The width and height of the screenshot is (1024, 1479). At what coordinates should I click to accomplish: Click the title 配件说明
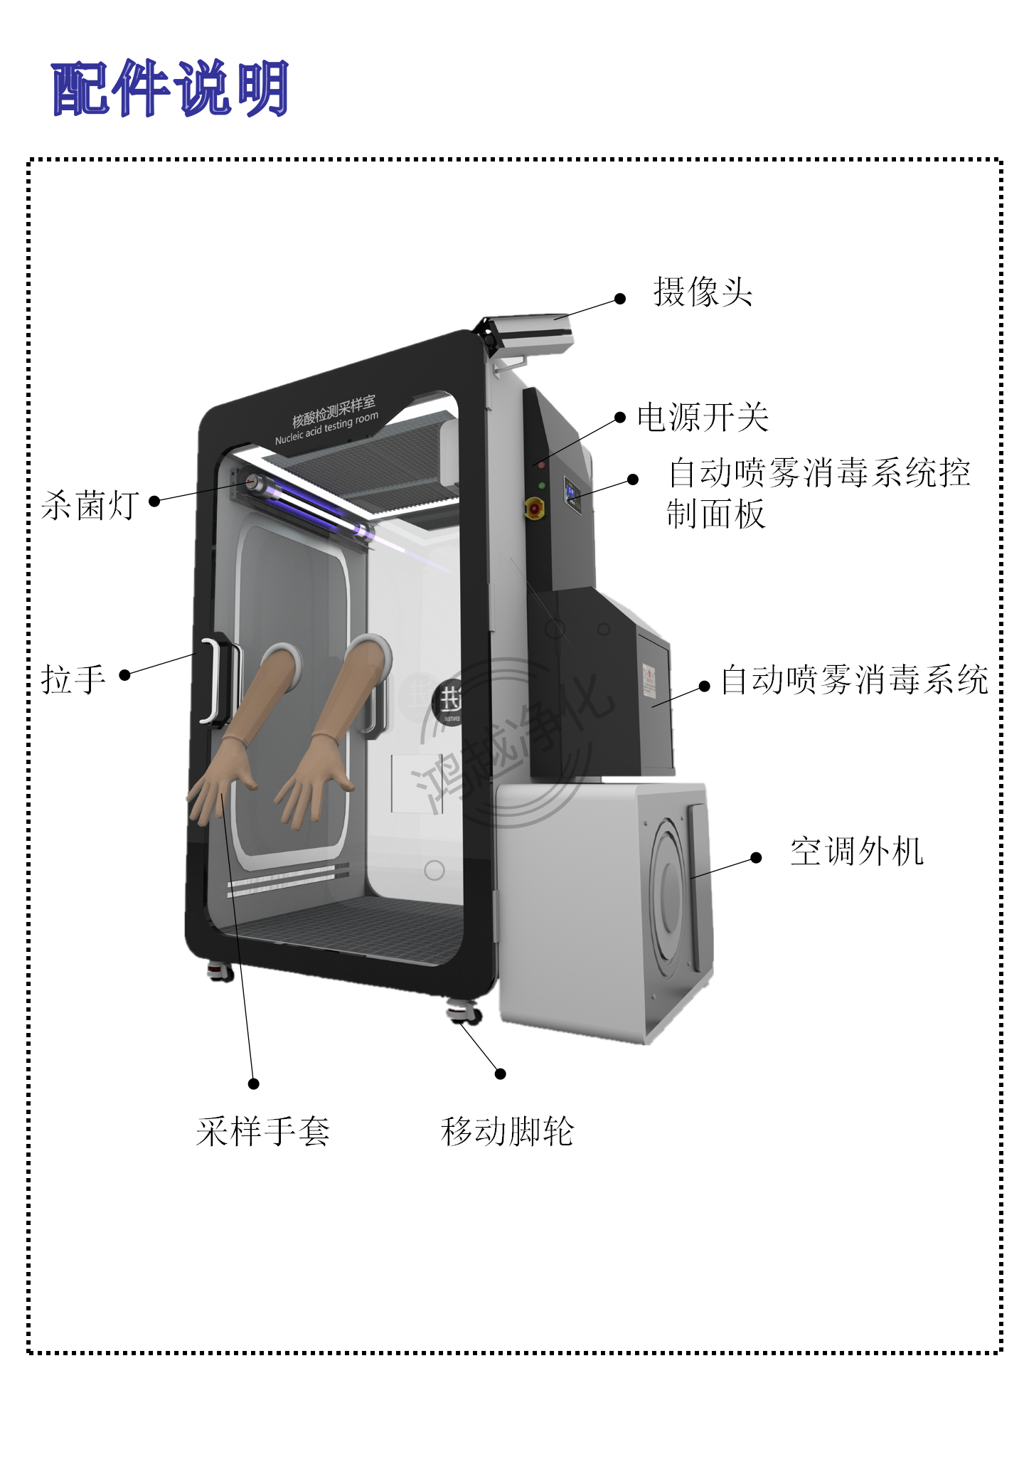[x=170, y=89]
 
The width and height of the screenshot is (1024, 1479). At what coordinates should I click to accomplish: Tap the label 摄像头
[x=703, y=292]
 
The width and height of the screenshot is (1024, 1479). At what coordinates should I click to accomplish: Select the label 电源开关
[x=703, y=418]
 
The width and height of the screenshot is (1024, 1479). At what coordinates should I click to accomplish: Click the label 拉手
[x=74, y=679]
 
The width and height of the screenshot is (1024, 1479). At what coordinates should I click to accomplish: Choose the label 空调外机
[x=856, y=852]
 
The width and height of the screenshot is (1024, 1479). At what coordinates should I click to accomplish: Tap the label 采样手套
[x=263, y=1131]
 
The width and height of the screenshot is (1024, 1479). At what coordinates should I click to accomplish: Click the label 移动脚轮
[x=507, y=1131]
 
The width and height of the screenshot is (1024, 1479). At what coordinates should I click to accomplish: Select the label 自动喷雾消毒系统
[x=854, y=680]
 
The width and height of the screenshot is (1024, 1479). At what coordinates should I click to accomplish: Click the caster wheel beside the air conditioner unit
[x=463, y=1012]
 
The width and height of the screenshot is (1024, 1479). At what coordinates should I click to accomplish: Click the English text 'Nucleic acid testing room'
[x=326, y=428]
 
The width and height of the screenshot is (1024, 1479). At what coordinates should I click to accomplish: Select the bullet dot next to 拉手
[x=124, y=675]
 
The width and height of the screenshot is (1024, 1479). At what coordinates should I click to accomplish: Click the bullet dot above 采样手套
[x=253, y=1083]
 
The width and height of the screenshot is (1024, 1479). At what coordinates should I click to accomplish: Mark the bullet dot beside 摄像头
[x=620, y=299]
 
